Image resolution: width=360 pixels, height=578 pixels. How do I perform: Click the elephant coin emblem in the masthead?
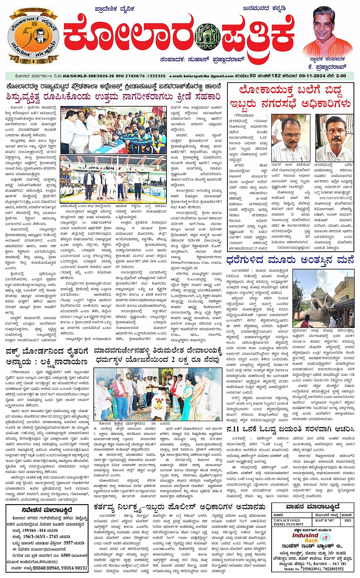tap(207, 38)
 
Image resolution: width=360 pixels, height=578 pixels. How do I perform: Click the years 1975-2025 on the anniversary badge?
tap(33, 61)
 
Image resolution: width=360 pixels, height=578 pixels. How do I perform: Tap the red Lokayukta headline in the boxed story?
tap(290, 97)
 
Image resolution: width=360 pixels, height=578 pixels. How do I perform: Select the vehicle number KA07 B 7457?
tap(325, 520)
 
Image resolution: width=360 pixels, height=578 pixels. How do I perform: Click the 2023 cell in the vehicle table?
tap(347, 520)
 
